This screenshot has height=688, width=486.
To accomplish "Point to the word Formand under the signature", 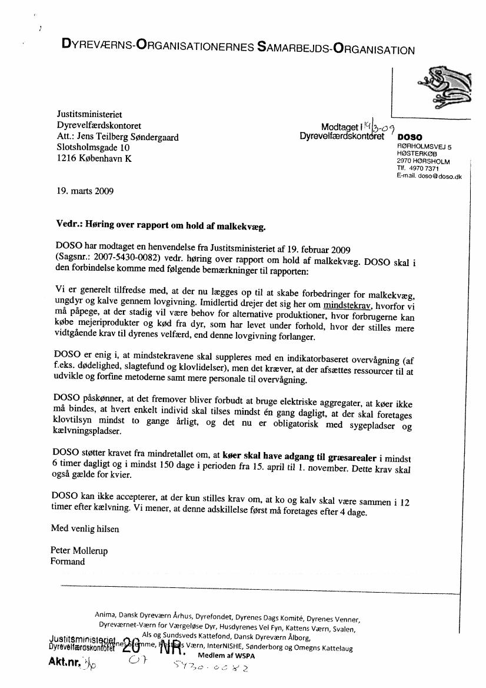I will coord(68,561).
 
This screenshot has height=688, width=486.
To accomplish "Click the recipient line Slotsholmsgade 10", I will coord(93,148).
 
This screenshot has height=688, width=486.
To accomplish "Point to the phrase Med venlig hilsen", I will coord(85,529).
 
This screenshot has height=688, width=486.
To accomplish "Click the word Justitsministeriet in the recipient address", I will coord(89,115).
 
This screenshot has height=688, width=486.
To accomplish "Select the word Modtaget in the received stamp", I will coord(339,127).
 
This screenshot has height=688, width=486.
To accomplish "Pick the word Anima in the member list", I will coord(105,615).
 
